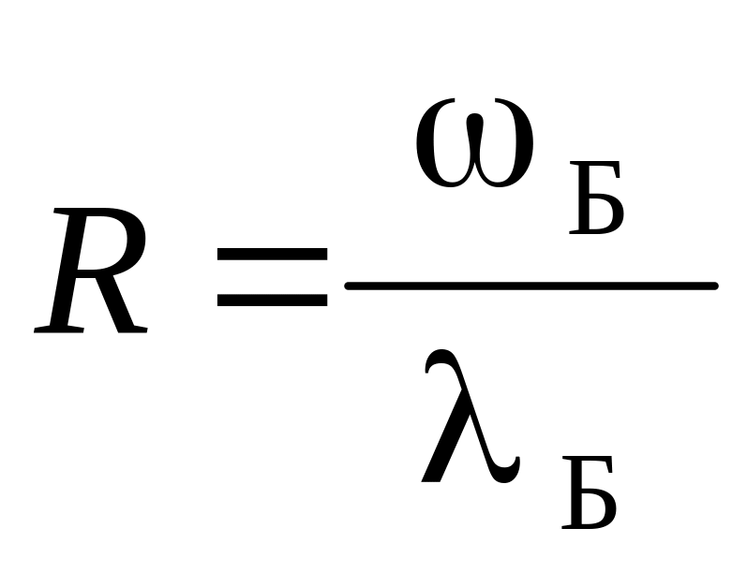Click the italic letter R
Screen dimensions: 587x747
(91, 273)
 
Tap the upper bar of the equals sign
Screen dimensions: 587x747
(272, 253)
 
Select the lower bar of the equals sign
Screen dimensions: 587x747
(272, 301)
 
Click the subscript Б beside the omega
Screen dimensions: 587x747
(594, 204)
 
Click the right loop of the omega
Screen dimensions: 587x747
(514, 150)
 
